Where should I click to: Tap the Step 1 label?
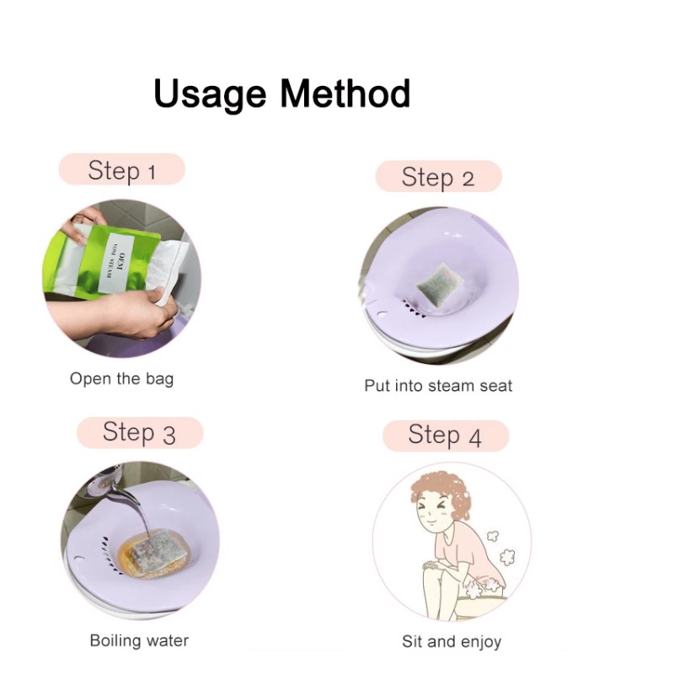tap(121, 170)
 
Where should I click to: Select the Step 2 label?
tap(438, 177)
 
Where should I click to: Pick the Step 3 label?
tap(139, 433)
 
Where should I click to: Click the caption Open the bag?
tap(121, 378)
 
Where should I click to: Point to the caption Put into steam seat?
tap(438, 386)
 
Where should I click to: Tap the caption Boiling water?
tap(139, 640)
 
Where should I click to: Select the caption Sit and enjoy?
tap(452, 642)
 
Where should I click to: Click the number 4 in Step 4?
tap(474, 436)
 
